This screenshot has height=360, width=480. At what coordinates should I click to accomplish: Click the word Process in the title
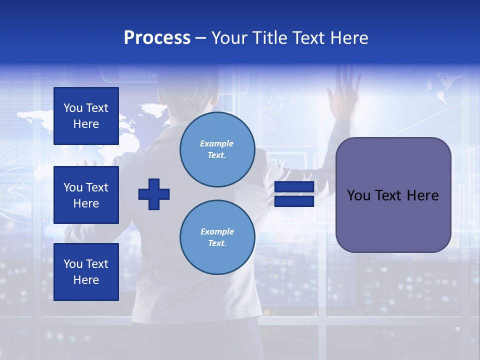157,38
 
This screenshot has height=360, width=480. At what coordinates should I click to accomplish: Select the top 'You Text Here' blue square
86,116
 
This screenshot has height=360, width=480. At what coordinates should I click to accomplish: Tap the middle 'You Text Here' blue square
86,195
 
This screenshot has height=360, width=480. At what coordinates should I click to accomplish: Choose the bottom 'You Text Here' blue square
86,272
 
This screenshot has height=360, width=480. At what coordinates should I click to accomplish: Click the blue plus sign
154,194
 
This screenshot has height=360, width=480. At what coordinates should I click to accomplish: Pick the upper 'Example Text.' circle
217,149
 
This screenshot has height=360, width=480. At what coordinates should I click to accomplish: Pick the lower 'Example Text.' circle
217,237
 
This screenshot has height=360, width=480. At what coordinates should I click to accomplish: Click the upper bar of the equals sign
294,187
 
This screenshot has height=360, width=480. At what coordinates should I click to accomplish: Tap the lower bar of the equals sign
294,201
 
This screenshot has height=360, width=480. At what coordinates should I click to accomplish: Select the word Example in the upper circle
216,143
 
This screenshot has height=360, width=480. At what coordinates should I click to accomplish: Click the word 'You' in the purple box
358,195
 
